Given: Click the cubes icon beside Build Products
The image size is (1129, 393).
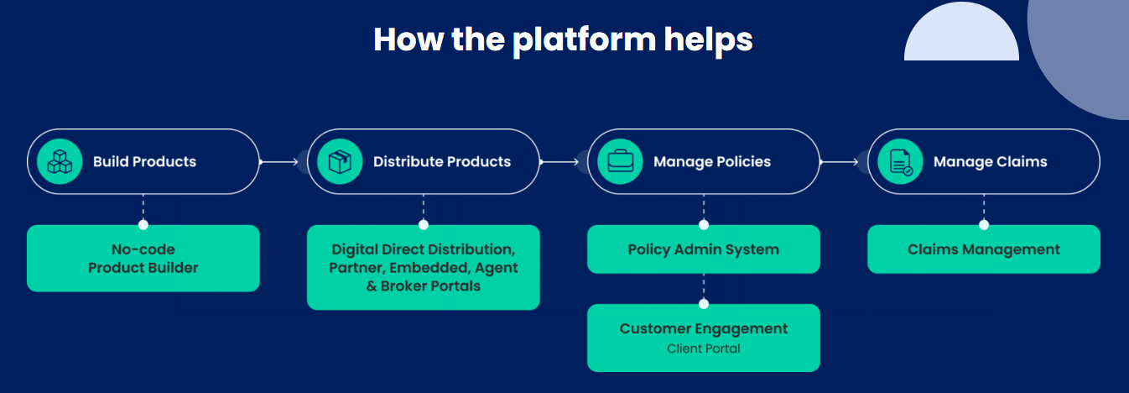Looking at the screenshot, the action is [x=60, y=161].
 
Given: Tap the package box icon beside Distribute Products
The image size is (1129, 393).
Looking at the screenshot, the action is [x=340, y=161].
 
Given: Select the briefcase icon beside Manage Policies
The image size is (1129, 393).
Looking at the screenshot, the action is [x=621, y=161].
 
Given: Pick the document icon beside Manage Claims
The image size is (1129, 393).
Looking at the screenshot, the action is [x=901, y=162].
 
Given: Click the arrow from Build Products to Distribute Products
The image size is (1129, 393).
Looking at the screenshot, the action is [x=279, y=162].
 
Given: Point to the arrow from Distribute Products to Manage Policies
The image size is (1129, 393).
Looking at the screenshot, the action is [x=559, y=162].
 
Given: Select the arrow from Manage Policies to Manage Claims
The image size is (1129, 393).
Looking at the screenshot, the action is [x=839, y=162].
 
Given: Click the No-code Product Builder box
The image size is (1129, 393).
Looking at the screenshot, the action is [x=143, y=259].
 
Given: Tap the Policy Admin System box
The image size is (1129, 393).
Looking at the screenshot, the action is [x=704, y=249].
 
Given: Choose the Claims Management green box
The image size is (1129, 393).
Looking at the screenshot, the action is [x=984, y=249].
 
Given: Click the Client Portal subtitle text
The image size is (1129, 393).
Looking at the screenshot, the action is [x=704, y=348].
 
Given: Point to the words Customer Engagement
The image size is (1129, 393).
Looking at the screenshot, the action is [x=704, y=329].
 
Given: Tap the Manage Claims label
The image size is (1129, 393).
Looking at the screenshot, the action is [x=991, y=162].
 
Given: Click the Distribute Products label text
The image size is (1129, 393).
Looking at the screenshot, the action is [x=442, y=161].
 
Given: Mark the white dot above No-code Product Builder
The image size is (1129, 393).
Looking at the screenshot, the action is [x=143, y=225].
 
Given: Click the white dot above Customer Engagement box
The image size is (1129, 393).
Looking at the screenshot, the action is [x=704, y=304].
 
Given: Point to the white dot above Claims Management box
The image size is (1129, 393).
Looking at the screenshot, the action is [x=984, y=225].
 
